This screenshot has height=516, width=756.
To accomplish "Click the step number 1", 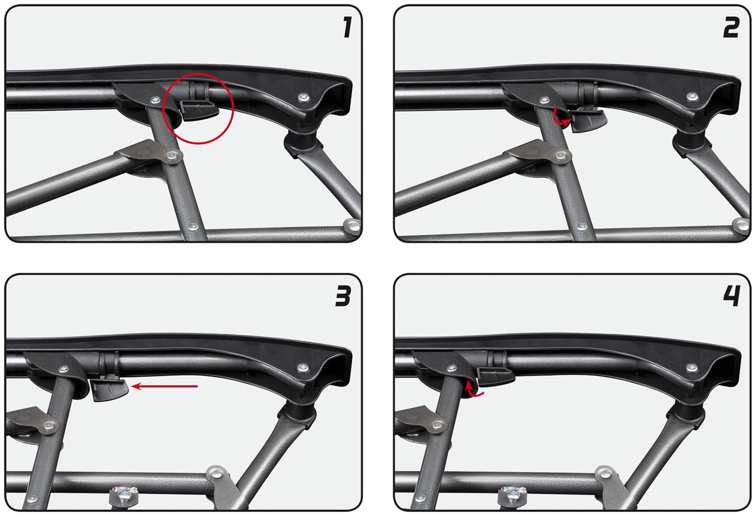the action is (x=347, y=27).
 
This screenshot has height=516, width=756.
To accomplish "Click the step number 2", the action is (x=731, y=27).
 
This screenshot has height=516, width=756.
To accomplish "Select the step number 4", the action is (x=732, y=296).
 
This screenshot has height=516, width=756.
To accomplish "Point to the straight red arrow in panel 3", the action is (x=164, y=386).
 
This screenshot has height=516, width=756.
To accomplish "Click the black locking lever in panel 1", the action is (x=200, y=110).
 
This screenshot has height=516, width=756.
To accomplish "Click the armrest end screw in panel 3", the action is (x=302, y=367).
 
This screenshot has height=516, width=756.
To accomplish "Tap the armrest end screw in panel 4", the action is (x=691, y=367).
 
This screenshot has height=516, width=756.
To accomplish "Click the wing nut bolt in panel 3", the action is (x=124, y=495).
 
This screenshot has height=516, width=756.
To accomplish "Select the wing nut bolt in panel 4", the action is (x=513, y=495).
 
